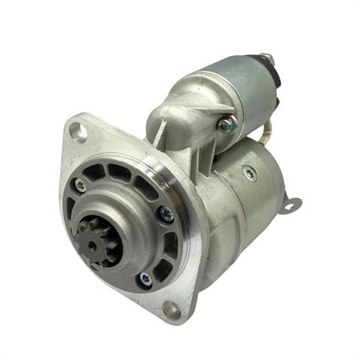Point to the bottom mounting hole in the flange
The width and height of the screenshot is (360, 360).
coord(170,309)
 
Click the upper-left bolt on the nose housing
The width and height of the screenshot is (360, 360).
coord(79,185)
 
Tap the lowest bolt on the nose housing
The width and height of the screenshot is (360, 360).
coord(144,279)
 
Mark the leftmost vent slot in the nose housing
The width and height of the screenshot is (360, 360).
coord(71,207)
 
